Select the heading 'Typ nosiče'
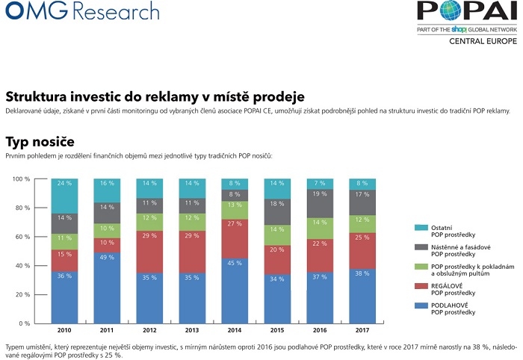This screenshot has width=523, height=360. pos(40,141)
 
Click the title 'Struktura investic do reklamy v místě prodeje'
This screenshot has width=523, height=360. pos(155,97)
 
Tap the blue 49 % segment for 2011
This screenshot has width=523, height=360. pos(107,288)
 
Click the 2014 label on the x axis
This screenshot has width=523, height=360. pos(235,329)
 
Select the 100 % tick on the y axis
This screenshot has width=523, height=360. pos(20,179)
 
